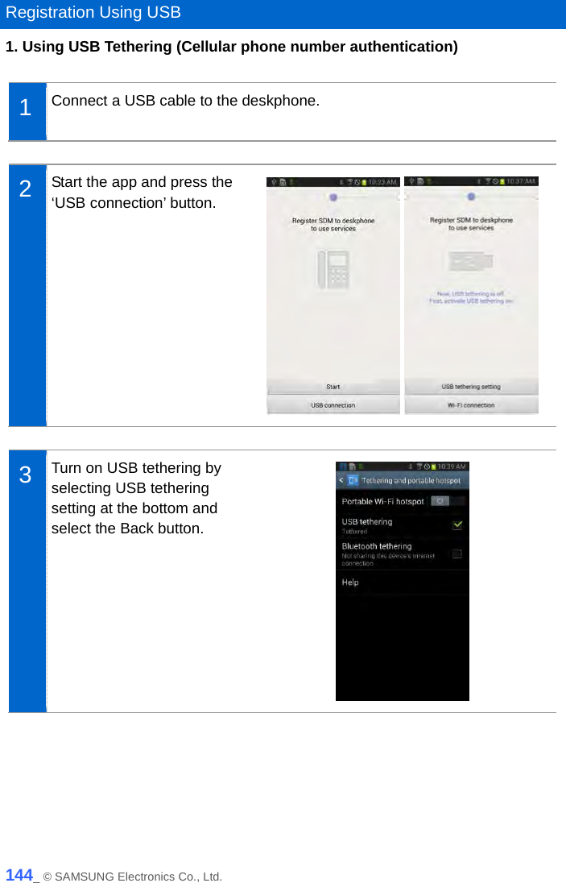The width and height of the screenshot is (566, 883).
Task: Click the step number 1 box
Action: point(26,108)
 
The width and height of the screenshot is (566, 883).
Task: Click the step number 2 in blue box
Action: point(26,189)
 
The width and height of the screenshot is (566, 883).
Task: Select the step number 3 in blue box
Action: point(26,475)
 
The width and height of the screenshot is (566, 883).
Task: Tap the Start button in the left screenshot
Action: point(333,387)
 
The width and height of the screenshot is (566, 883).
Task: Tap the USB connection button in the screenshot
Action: point(333,405)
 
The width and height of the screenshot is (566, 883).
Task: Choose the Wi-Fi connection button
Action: point(471,405)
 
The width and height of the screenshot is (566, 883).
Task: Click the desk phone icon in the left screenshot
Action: point(333,269)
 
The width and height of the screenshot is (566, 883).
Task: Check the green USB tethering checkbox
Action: point(457,525)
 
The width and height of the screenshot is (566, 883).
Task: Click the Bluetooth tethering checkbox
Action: point(457,553)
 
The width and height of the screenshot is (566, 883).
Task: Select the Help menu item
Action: point(351,582)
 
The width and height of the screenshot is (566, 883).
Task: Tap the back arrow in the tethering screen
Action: point(341,480)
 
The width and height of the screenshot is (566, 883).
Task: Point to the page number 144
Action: point(19,875)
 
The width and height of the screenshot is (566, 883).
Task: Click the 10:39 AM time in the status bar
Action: point(451,466)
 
